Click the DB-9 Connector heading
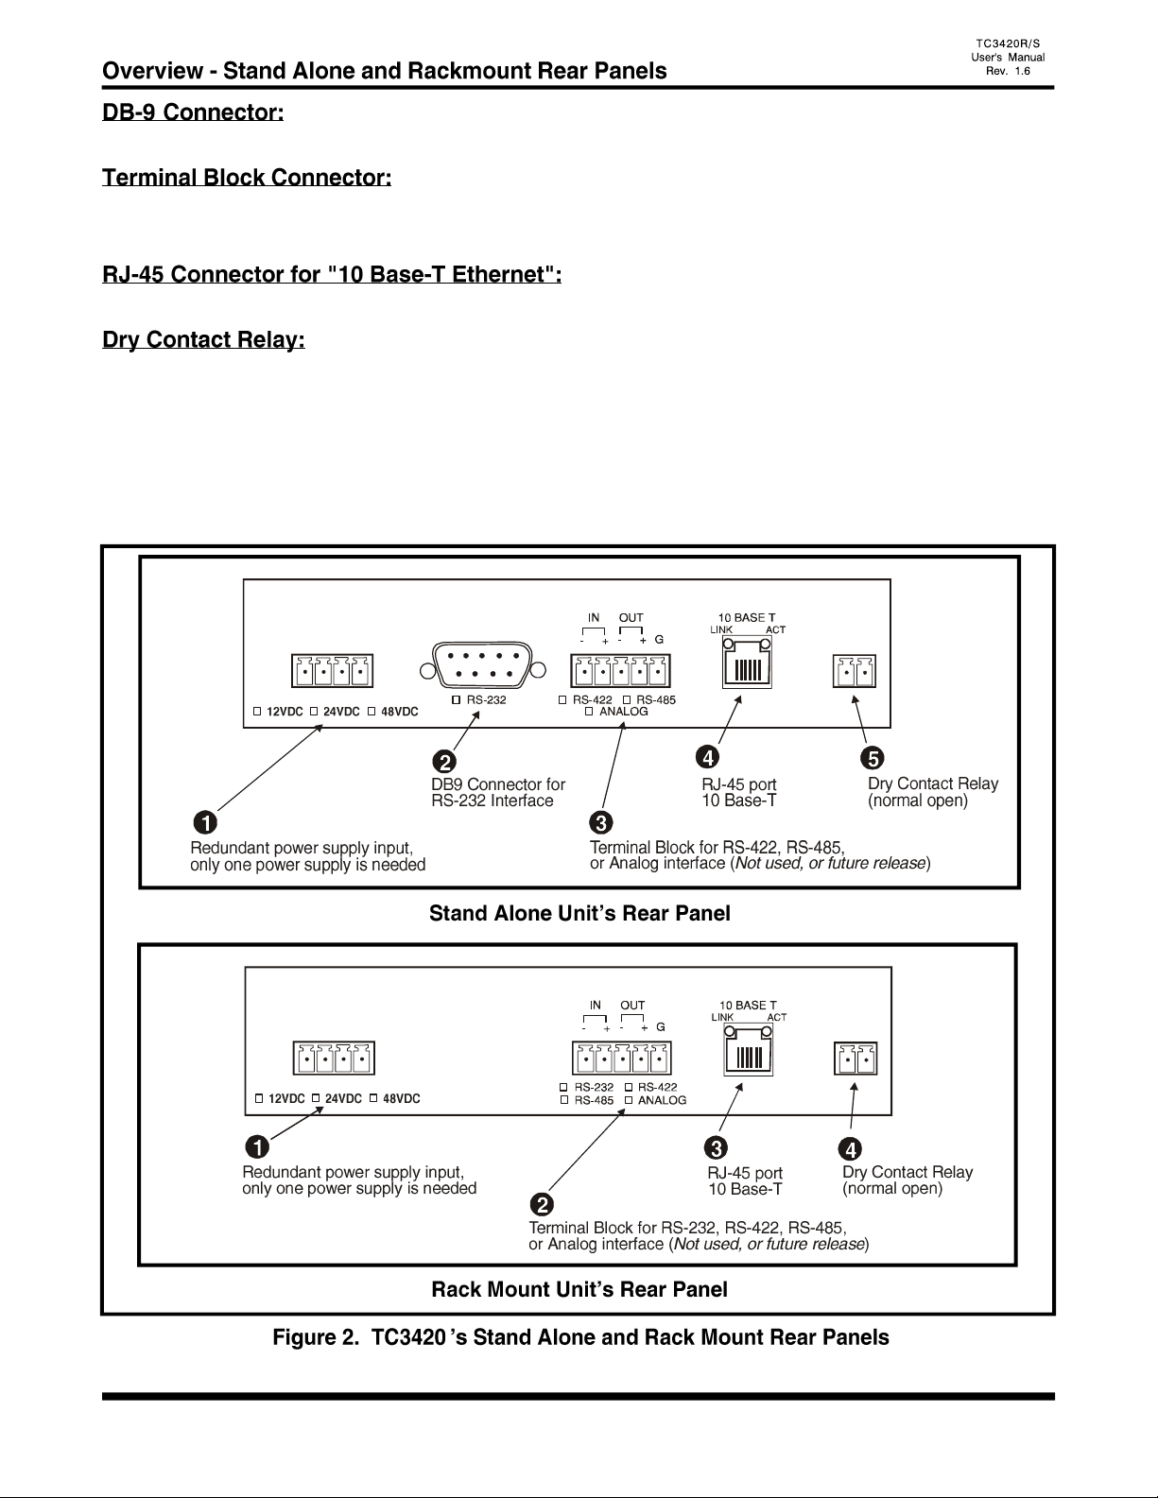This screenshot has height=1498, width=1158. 193,112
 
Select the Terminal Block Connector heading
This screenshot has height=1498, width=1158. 247,177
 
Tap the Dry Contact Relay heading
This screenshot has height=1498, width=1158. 203,340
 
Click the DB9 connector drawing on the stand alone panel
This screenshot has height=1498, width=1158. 482,664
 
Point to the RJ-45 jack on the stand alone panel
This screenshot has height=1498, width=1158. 747,663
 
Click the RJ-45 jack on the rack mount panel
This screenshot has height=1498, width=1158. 749,1050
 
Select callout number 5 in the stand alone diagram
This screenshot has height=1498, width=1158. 872,758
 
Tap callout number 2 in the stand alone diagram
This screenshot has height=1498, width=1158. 444,762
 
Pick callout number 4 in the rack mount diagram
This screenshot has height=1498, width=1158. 850,1149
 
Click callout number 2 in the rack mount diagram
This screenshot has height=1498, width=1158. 542,1204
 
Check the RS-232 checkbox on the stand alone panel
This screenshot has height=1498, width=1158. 456,699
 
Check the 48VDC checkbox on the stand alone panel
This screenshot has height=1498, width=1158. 372,711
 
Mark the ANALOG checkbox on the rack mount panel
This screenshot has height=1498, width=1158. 629,1100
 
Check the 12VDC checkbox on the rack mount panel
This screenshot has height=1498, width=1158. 259,1098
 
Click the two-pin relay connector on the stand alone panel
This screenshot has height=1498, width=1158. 855,671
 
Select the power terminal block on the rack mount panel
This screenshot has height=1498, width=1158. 335,1059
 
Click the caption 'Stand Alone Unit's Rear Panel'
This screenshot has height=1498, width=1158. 579,913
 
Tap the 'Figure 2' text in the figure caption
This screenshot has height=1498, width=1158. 316,1337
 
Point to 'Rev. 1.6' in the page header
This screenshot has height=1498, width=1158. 1008,71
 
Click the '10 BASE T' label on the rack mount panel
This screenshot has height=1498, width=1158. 748,1005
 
